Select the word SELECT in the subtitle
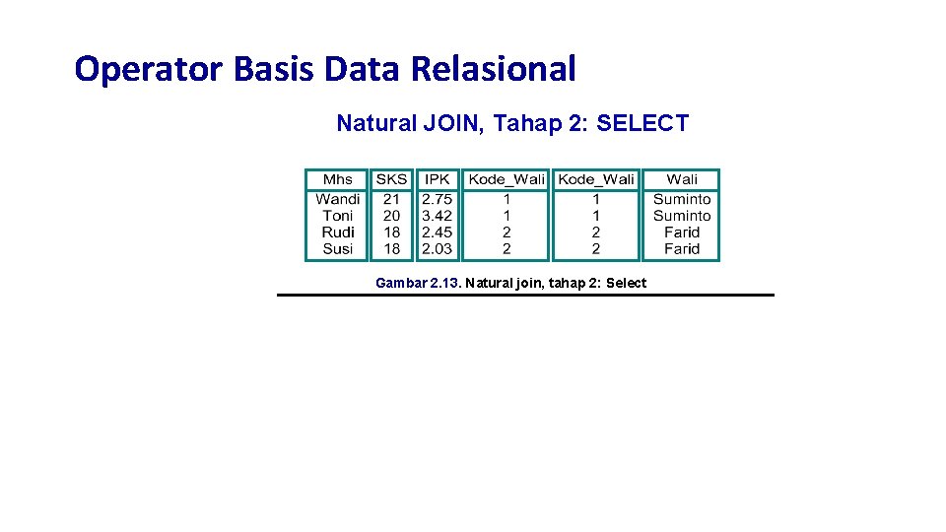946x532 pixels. click(x=642, y=123)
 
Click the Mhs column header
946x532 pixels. click(x=337, y=179)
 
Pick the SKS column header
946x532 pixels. click(x=391, y=179)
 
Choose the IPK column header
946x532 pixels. click(x=437, y=179)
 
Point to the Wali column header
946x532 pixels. click(x=681, y=179)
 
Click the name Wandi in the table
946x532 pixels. click(x=337, y=199)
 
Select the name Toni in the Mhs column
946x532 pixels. click(x=337, y=216)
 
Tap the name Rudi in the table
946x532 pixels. click(x=337, y=233)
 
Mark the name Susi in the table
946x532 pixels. click(x=337, y=249)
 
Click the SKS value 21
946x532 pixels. click(x=391, y=199)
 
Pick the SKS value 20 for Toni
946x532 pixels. click(x=391, y=216)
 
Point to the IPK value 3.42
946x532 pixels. click(x=437, y=216)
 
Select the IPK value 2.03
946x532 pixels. click(x=437, y=249)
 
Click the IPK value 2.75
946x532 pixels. click(x=437, y=199)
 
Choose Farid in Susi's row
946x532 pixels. click(x=681, y=249)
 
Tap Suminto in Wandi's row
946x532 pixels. click(x=681, y=199)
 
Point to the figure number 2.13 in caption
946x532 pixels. click(x=445, y=284)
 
